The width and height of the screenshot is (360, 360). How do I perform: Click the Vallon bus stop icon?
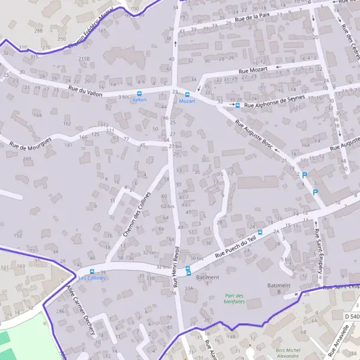[139, 94]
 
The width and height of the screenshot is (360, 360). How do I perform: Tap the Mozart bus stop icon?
[187, 94]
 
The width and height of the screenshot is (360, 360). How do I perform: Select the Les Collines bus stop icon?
[92, 271]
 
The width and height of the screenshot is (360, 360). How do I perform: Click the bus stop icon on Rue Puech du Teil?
[260, 232]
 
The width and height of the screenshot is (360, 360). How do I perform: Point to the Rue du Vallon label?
[85, 91]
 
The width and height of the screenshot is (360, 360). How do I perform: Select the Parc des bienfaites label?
[234, 298]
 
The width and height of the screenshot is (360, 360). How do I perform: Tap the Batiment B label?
[278, 288]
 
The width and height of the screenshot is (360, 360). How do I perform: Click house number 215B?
[84, 59]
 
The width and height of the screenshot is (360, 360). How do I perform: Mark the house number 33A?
[190, 289]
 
